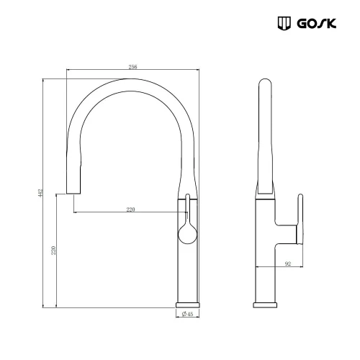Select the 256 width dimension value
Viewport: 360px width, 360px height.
click(132, 66)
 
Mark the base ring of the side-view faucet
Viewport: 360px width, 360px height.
click(266, 303)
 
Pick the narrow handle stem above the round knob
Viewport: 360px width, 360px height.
click(187, 209)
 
